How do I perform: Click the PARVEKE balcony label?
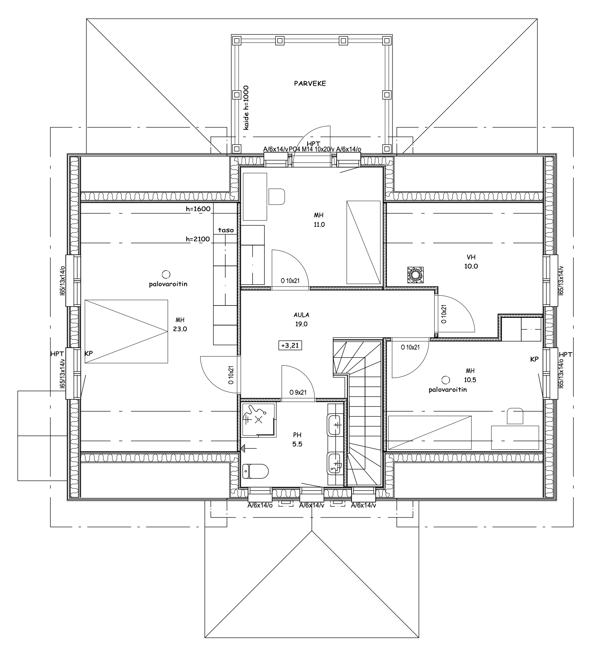click(x=310, y=83)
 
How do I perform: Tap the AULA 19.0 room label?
click(x=301, y=319)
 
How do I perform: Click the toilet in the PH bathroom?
click(x=256, y=470)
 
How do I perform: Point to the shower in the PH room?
click(x=259, y=420)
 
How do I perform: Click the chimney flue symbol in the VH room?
click(x=415, y=275)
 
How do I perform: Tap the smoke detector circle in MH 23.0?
click(x=166, y=274)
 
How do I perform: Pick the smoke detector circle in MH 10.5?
click(x=446, y=380)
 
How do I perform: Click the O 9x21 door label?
click(x=298, y=392)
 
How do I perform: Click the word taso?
click(x=226, y=230)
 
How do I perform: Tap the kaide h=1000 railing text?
click(x=246, y=107)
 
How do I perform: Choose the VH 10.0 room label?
click(x=471, y=262)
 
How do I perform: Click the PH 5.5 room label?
click(x=297, y=439)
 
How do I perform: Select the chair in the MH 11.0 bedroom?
click(x=277, y=196)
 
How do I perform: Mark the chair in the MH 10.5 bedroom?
click(x=515, y=416)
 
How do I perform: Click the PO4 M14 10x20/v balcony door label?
click(x=312, y=149)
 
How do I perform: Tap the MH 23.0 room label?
click(x=180, y=324)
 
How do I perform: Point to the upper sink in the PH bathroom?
click(x=335, y=425)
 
